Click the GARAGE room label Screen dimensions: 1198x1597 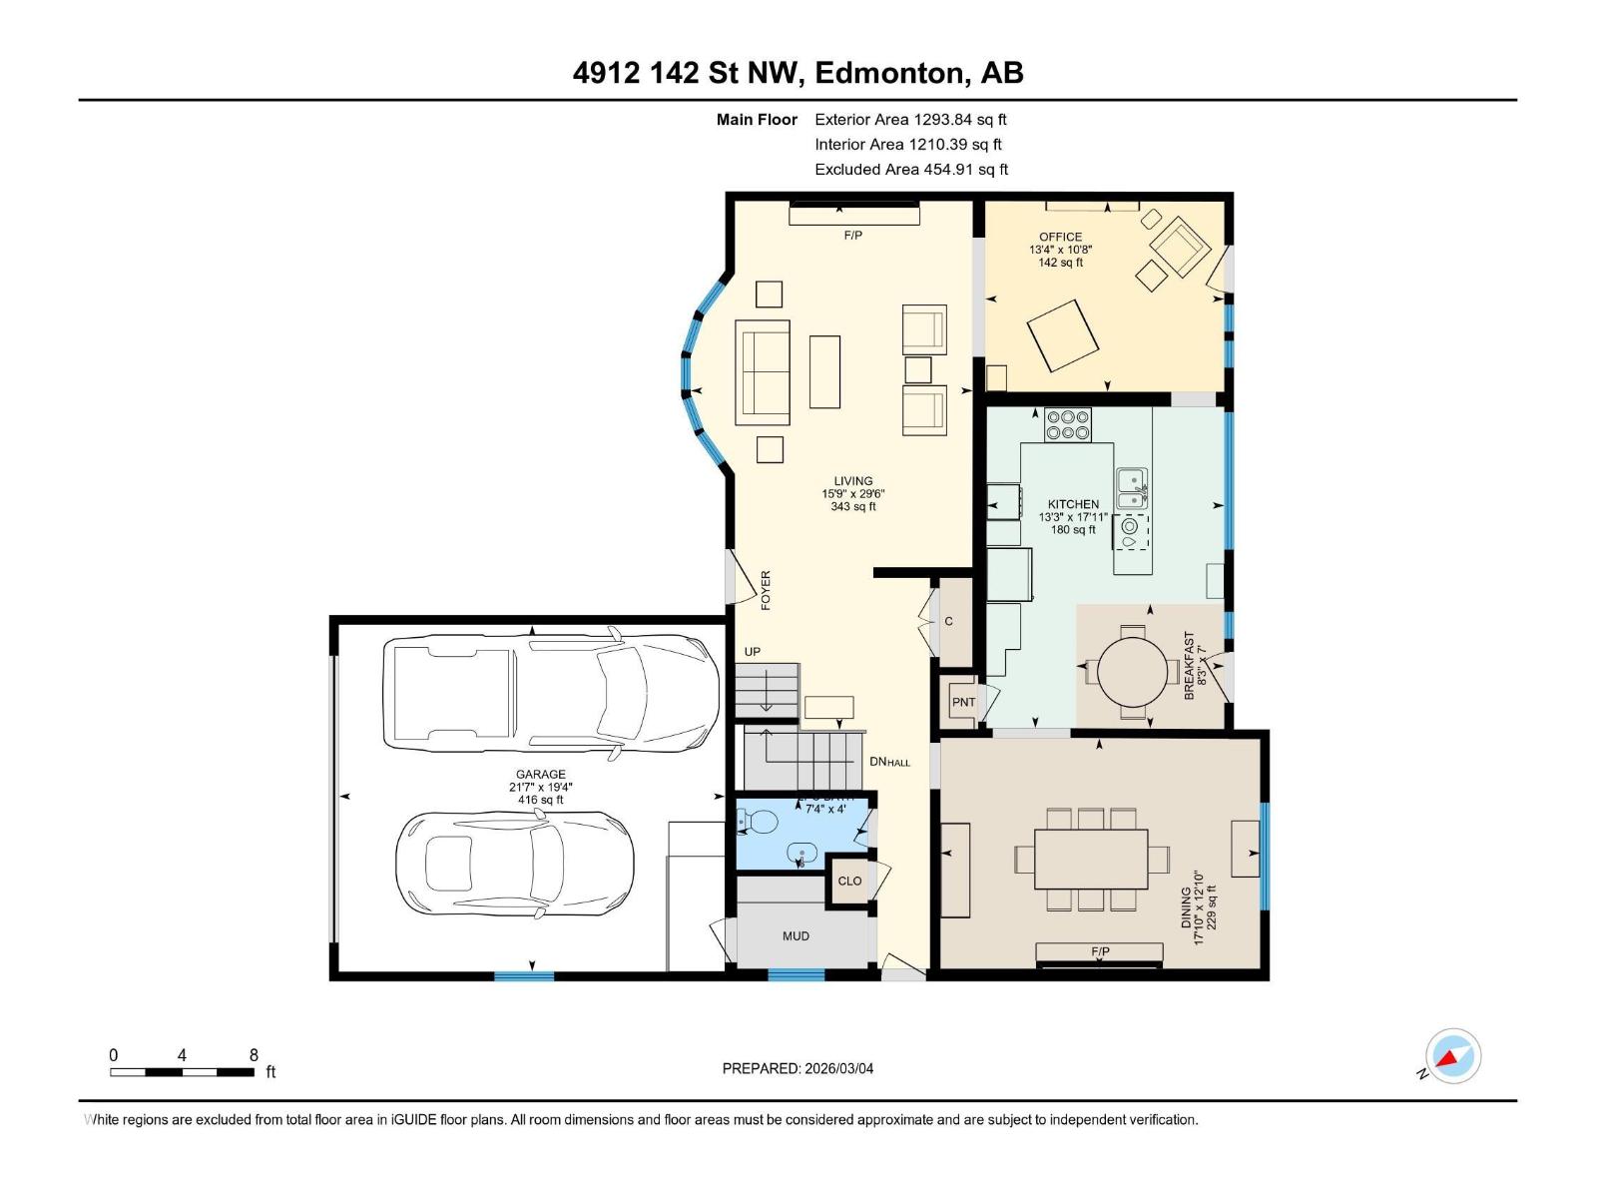coord(540,775)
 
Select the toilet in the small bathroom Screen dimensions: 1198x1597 coord(758,823)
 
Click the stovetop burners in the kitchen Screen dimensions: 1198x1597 coord(1067,425)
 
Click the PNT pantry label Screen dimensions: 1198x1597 coord(963,703)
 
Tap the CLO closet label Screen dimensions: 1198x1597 coord(849,882)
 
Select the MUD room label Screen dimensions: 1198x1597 coord(796,936)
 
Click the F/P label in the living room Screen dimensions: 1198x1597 coord(852,236)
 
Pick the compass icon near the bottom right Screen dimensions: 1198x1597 coord(1452,1056)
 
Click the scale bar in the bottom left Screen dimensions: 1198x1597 coord(182,1072)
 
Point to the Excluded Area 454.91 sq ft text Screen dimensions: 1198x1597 coord(911,170)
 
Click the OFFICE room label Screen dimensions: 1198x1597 coord(1060,238)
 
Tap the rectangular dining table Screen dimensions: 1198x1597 coord(1090,859)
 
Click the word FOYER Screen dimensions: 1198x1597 coord(767,590)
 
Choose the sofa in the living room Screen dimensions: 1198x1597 coord(763,372)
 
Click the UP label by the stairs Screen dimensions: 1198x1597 coord(752,652)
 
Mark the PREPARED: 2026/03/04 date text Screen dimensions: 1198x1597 coord(798,1068)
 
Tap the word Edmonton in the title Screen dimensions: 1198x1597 coord(890,73)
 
